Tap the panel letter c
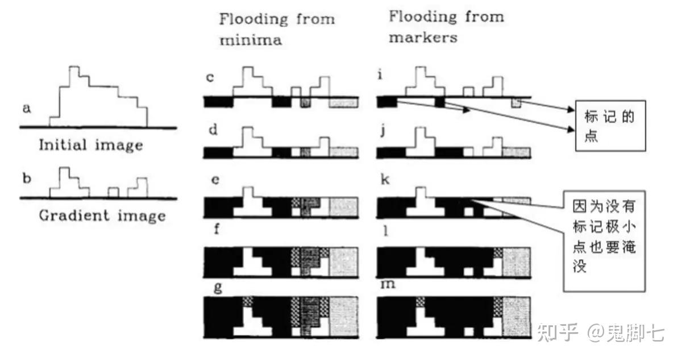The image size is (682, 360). tap(210, 77)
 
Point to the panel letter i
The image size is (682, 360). tap(381, 75)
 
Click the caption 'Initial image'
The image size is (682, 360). tap(91, 145)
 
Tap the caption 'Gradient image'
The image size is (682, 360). tap(102, 216)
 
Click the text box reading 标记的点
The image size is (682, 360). tap(609, 127)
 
